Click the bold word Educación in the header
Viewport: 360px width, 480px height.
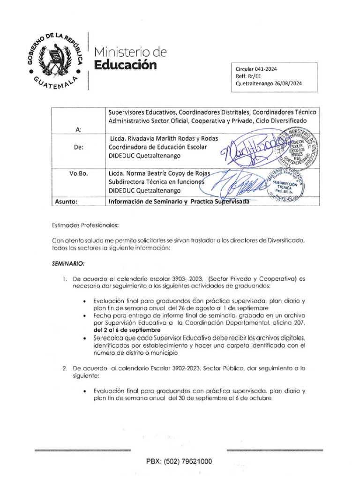(x=125, y=65)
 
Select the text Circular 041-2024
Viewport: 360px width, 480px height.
(x=256, y=68)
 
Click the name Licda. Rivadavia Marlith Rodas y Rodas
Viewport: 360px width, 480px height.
(x=164, y=139)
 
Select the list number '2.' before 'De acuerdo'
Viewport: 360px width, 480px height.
(x=65, y=368)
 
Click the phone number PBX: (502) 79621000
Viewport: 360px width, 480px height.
(x=179, y=462)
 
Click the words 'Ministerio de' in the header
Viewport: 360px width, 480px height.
(x=130, y=51)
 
